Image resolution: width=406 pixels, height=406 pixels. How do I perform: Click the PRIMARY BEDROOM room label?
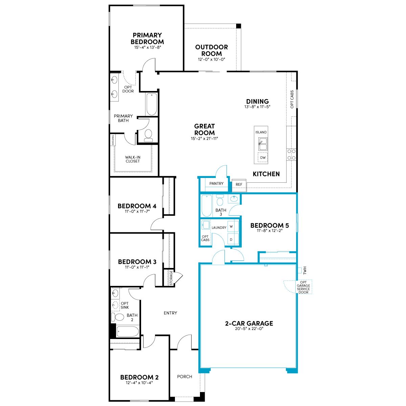[x=147, y=38]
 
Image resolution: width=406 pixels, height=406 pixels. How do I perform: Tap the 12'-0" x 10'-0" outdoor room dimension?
[x=211, y=60]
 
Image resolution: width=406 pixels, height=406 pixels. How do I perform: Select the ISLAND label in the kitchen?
[x=261, y=132]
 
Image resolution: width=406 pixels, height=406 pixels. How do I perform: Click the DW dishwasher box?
[x=263, y=158]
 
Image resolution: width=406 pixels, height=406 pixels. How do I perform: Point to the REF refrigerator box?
[x=239, y=185]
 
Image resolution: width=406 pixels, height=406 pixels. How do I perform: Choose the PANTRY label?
[x=217, y=183]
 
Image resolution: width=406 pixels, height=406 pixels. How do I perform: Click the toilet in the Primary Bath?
[x=148, y=135]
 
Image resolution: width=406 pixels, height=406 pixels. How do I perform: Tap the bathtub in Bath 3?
[x=206, y=205]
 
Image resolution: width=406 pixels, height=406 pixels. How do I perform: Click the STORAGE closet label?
[x=171, y=278]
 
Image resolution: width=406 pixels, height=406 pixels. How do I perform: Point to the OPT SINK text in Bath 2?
[x=125, y=305]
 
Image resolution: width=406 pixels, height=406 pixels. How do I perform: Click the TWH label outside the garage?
[x=305, y=271]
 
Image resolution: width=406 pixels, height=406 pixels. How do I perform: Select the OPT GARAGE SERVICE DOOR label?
[x=303, y=287]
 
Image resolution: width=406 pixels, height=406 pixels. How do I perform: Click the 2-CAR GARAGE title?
[x=249, y=323]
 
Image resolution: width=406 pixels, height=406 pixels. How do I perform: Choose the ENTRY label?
[x=170, y=313]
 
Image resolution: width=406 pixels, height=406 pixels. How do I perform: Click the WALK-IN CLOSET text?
[x=133, y=159]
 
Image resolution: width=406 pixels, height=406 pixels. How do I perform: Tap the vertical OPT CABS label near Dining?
[x=292, y=99]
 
